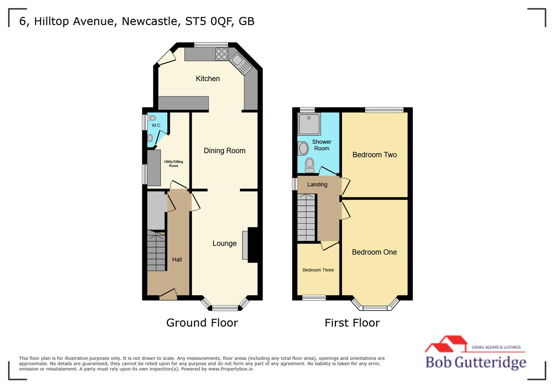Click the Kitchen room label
(207, 79)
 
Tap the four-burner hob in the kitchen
(221, 54)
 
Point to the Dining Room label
(225, 151)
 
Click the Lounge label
(225, 244)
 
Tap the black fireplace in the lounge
(253, 245)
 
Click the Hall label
(177, 259)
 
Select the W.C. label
(156, 125)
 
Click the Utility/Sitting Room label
(174, 164)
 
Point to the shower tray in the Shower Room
(309, 124)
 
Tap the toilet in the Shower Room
(309, 165)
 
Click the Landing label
(317, 185)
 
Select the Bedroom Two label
(375, 155)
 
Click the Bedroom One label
(374, 252)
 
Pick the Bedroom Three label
(318, 270)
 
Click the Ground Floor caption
(202, 323)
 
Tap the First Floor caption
(352, 323)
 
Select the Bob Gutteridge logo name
(475, 362)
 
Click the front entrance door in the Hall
(168, 295)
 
